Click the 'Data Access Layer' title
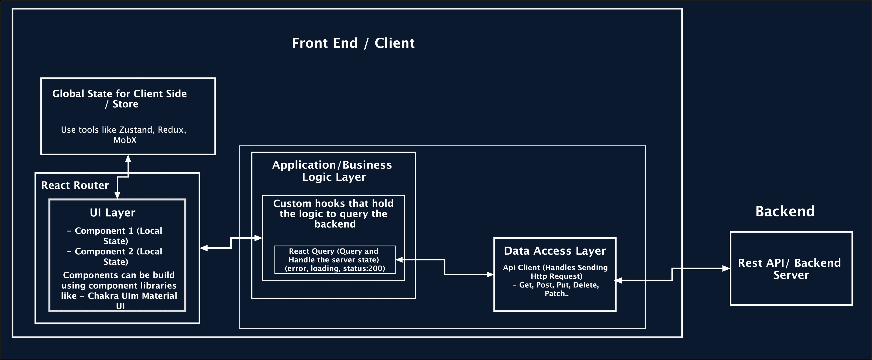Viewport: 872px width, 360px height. pyautogui.click(x=555, y=251)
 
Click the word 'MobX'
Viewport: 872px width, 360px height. pyautogui.click(x=125, y=140)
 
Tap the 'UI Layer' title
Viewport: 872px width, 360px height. pyautogui.click(x=113, y=213)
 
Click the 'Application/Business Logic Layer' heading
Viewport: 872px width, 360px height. pyautogui.click(x=332, y=171)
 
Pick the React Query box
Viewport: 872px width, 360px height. pyautogui.click(x=335, y=260)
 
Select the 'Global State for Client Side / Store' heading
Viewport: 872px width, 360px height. pyautogui.click(x=119, y=99)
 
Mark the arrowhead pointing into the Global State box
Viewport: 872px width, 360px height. pyautogui.click(x=128, y=158)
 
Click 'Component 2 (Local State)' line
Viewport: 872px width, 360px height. pyautogui.click(x=115, y=256)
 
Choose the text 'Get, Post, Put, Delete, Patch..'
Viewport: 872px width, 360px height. pyautogui.click(x=556, y=289)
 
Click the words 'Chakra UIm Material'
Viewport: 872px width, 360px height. pyautogui.click(x=132, y=296)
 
